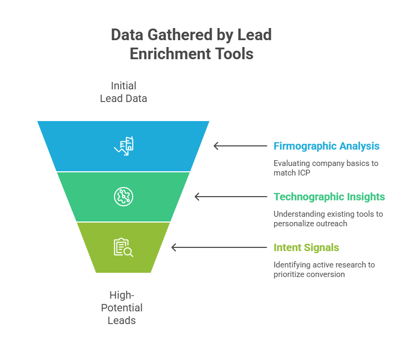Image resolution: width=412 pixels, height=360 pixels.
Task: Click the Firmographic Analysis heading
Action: [326, 146]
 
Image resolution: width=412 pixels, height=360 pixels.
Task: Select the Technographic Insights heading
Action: [329, 197]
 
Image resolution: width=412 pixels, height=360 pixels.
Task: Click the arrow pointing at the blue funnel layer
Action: [240, 146]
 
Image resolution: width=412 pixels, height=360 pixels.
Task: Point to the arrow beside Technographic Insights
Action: [230, 197]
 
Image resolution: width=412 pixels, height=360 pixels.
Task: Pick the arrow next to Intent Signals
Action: [219, 247]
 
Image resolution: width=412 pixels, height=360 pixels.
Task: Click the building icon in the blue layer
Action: [124, 146]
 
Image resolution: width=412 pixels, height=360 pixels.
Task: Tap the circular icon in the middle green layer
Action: [124, 197]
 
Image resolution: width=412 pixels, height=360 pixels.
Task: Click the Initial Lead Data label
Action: [124, 92]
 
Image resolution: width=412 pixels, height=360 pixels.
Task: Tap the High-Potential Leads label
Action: [125, 307]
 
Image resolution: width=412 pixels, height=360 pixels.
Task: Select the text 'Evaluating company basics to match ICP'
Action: [325, 168]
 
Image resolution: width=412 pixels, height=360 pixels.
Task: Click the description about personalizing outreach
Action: [327, 219]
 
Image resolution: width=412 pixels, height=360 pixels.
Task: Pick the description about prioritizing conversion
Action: [324, 269]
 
